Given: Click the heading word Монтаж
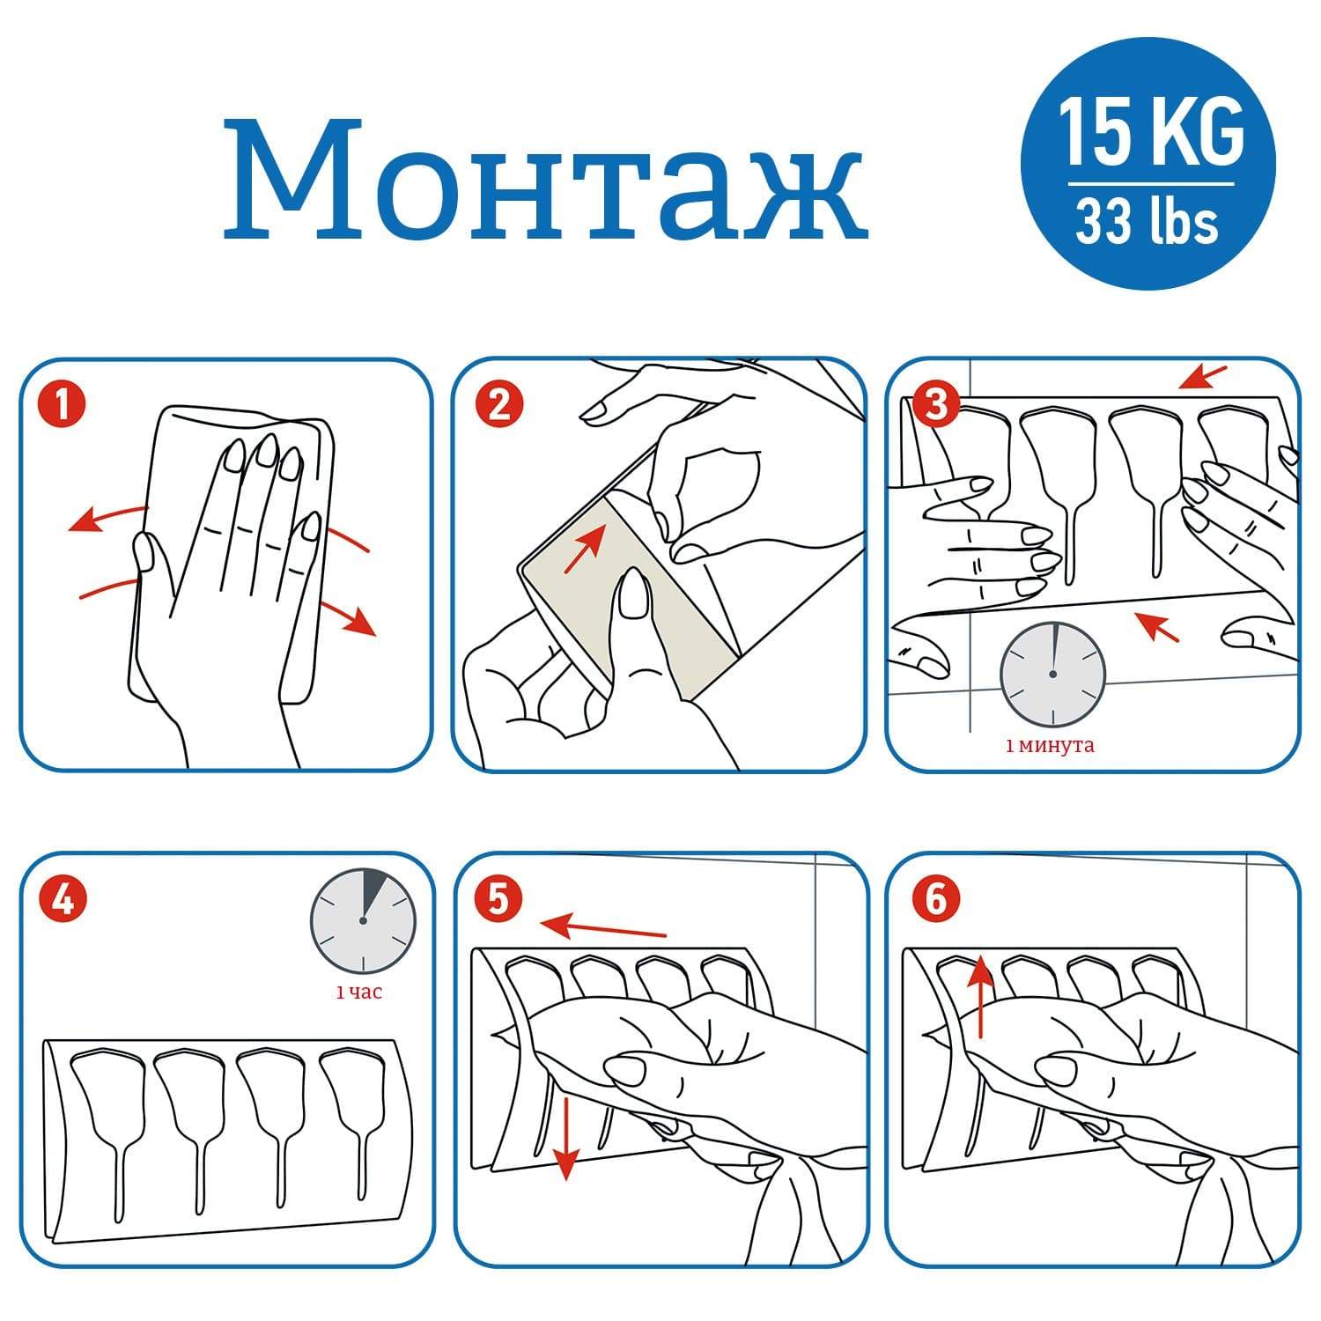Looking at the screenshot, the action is (545, 180).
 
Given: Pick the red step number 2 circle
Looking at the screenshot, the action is (498, 406).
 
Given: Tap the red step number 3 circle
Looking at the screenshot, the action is (934, 404).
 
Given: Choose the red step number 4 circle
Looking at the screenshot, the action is (63, 899).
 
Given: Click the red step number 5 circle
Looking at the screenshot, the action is (498, 899).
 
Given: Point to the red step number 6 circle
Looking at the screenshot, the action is (934, 899).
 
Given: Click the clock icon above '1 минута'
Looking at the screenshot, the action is (1052, 674).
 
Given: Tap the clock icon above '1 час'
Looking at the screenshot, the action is (362, 919).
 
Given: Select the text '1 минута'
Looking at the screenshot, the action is (1050, 746).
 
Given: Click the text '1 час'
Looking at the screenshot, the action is (359, 993).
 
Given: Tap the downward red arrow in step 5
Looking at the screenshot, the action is (566, 1137).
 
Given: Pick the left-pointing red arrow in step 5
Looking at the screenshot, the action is (603, 926).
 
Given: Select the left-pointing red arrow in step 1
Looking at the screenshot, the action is (107, 518).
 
